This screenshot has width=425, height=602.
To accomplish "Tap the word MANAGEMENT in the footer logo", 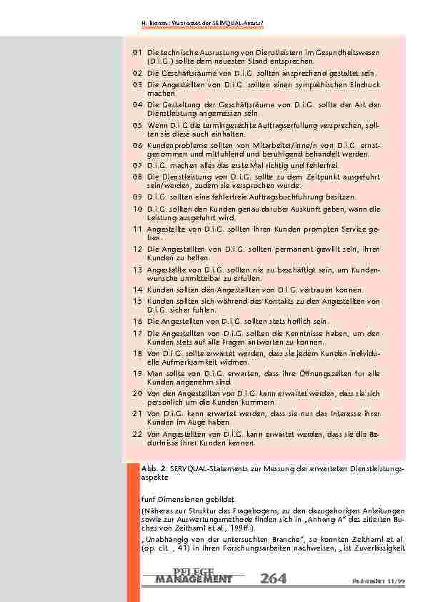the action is point(193,578).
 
